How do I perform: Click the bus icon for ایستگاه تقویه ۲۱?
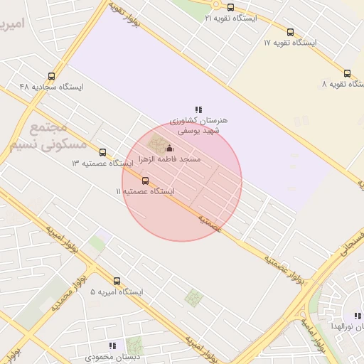point(230,7)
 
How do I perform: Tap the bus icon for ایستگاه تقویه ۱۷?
point(290,32)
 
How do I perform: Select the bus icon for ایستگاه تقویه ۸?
point(347,73)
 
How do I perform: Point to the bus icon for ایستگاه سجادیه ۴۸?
point(51,76)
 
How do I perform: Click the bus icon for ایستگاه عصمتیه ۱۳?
point(103,152)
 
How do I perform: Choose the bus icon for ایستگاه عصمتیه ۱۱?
point(146,181)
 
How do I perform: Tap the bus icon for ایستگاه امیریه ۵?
point(117,281)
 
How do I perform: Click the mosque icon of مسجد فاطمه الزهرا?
point(168,149)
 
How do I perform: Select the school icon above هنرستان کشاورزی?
point(199,109)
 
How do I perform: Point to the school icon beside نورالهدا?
point(358,316)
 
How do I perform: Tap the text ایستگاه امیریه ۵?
point(117,292)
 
